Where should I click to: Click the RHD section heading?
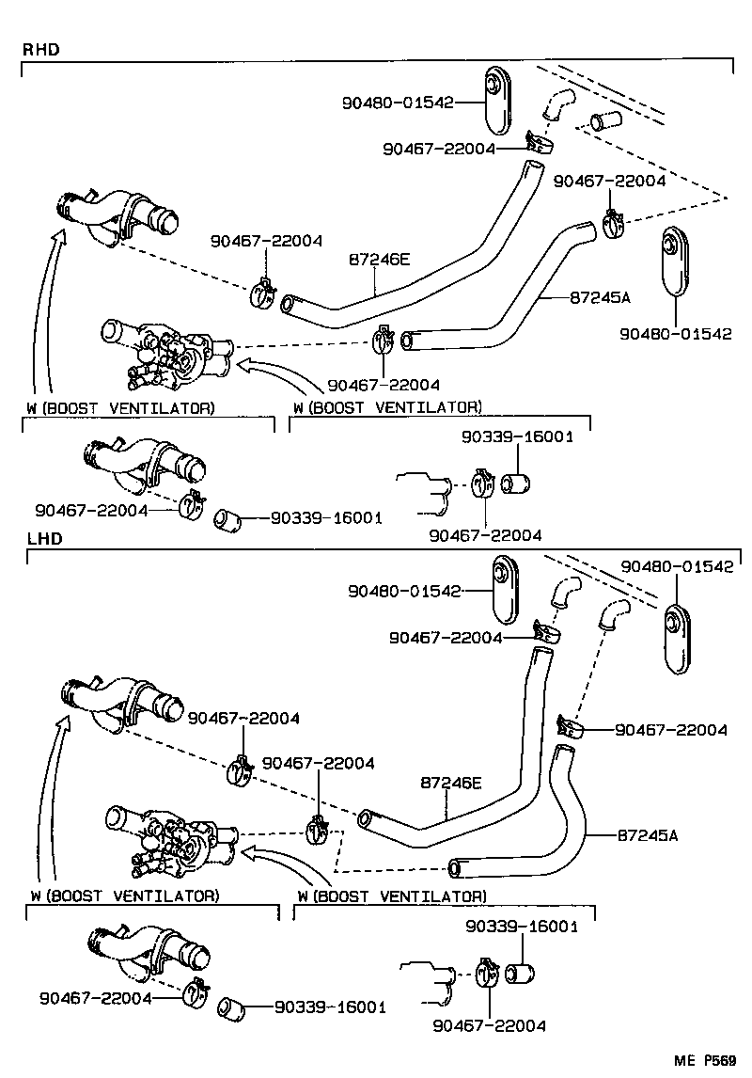click(39, 49)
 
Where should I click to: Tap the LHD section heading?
click(39, 539)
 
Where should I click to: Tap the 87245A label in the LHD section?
click(648, 833)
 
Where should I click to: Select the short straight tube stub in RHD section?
click(603, 120)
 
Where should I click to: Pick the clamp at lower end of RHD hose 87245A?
click(384, 341)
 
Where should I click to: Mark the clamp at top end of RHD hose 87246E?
click(539, 142)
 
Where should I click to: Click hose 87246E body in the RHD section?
click(442, 263)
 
